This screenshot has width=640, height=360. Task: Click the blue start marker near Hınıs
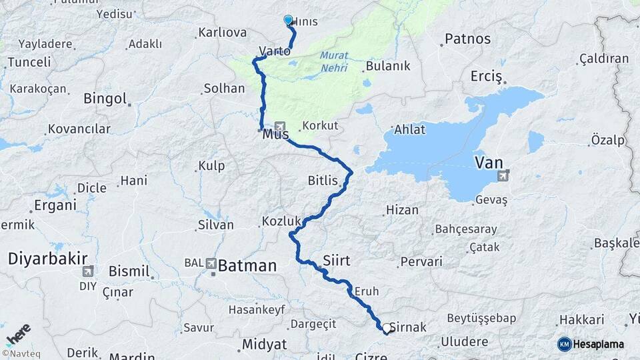pos(288,20)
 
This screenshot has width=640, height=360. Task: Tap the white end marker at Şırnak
pos(386,328)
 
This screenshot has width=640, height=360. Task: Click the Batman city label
pos(247,265)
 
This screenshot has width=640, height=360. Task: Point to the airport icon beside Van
pos(502,175)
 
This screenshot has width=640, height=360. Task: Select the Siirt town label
pos(336,259)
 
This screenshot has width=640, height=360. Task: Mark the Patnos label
pos(467,39)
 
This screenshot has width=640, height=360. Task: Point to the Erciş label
pos(485,76)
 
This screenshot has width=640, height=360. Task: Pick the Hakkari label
pos(581,320)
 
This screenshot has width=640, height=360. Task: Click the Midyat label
pos(264,344)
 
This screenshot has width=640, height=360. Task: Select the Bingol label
pos(105,99)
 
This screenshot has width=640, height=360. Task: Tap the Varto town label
pos(274,51)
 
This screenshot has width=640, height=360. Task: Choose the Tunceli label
pos(29,62)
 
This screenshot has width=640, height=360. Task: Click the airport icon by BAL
pos(211,263)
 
